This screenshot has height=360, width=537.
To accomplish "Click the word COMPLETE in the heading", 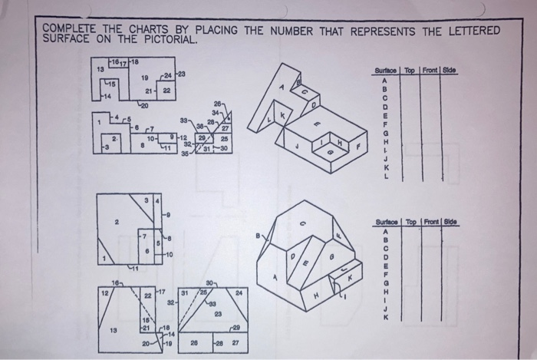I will pos(71,29).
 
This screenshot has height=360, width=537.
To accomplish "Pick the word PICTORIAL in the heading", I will pos(169,39).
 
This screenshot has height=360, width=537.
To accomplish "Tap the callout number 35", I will pos(184,154).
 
